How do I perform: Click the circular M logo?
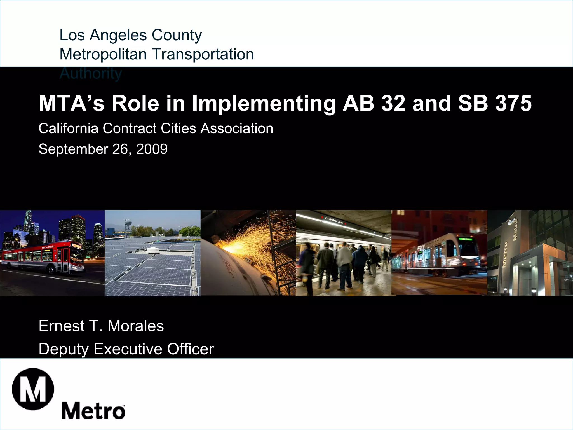tap(33, 389)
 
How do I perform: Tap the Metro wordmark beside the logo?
tap(93, 411)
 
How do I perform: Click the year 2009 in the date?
tap(152, 149)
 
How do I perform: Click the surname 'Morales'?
tap(136, 326)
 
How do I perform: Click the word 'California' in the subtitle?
tap(69, 129)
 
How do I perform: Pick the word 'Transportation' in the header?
tap(203, 54)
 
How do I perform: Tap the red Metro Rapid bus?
tap(43, 257)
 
